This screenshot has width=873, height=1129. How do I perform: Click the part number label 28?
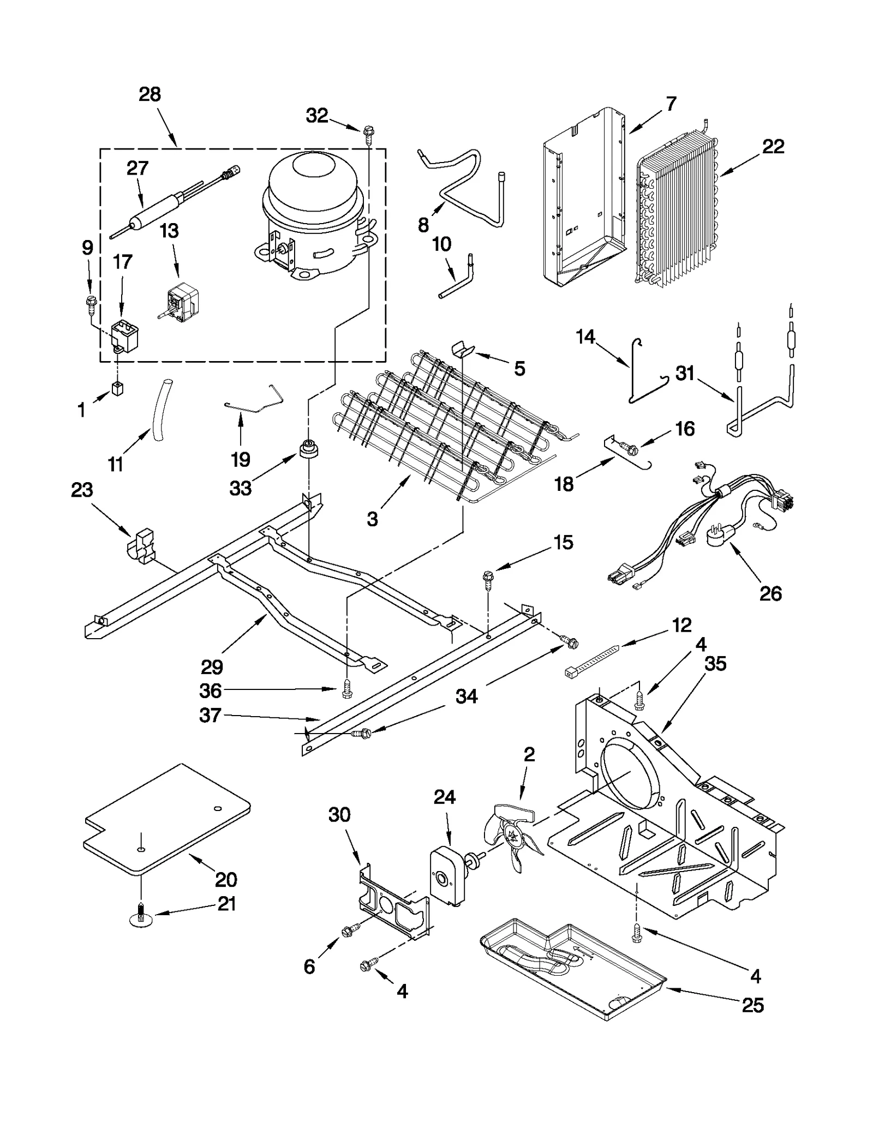150,94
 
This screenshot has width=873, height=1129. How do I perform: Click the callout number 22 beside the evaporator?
773,146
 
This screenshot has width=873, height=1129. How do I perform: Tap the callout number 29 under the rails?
212,666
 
